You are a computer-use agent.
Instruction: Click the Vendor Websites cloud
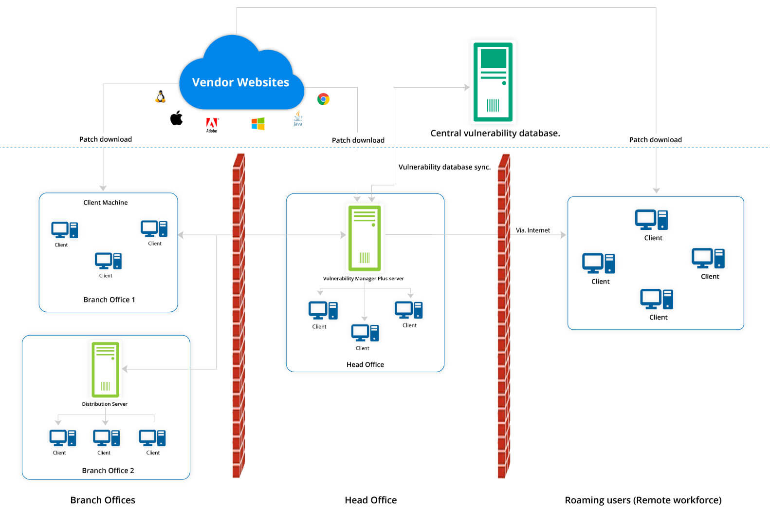(x=240, y=78)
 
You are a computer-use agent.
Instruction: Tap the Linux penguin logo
(x=161, y=96)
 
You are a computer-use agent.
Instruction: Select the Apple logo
(x=176, y=118)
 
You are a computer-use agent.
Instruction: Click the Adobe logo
(x=212, y=125)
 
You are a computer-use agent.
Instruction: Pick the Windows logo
(x=258, y=124)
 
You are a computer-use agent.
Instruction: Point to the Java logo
(x=298, y=118)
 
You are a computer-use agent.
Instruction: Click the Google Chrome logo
(x=323, y=99)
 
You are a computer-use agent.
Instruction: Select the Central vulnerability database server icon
(x=493, y=82)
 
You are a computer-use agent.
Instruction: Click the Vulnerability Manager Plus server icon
(x=365, y=238)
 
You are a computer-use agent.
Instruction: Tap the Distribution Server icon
(x=106, y=369)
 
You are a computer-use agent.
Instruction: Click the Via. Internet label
(x=533, y=230)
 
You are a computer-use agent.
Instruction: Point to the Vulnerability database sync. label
(x=444, y=167)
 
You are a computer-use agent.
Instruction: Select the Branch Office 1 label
(x=109, y=300)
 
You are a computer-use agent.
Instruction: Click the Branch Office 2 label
(x=108, y=471)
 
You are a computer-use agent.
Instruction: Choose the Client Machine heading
(x=106, y=203)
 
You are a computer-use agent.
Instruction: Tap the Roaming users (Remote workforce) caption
(x=643, y=500)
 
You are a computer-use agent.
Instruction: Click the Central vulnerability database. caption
(x=495, y=133)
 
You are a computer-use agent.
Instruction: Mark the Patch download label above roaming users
(x=655, y=140)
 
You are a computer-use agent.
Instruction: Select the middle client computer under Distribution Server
(x=106, y=438)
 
